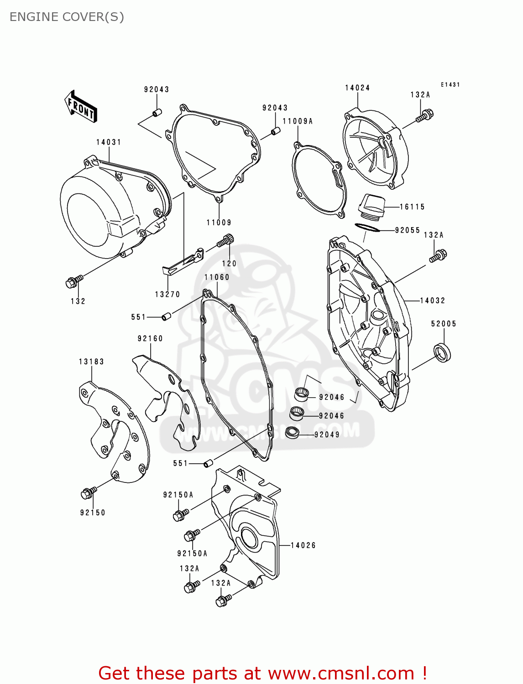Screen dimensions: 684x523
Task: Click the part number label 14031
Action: (109, 142)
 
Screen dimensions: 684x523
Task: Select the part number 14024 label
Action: (357, 88)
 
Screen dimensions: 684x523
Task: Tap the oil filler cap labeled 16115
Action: (371, 206)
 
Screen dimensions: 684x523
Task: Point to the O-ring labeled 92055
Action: (367, 227)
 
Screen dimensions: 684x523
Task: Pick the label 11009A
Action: (298, 121)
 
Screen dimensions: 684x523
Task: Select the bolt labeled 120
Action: (225, 240)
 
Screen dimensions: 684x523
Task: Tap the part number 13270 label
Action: (167, 295)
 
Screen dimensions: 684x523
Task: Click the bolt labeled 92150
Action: (88, 493)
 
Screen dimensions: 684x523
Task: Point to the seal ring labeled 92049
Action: (292, 432)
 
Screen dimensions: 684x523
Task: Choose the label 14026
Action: (303, 545)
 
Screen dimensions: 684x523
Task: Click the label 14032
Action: (432, 301)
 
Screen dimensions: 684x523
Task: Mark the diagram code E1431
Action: (450, 85)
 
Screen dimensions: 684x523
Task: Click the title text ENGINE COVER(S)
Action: (67, 17)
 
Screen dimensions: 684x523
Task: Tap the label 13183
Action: (91, 362)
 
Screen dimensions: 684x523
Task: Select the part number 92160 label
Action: (150, 338)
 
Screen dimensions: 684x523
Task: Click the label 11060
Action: (217, 277)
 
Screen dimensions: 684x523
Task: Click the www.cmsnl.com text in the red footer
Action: (341, 674)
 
